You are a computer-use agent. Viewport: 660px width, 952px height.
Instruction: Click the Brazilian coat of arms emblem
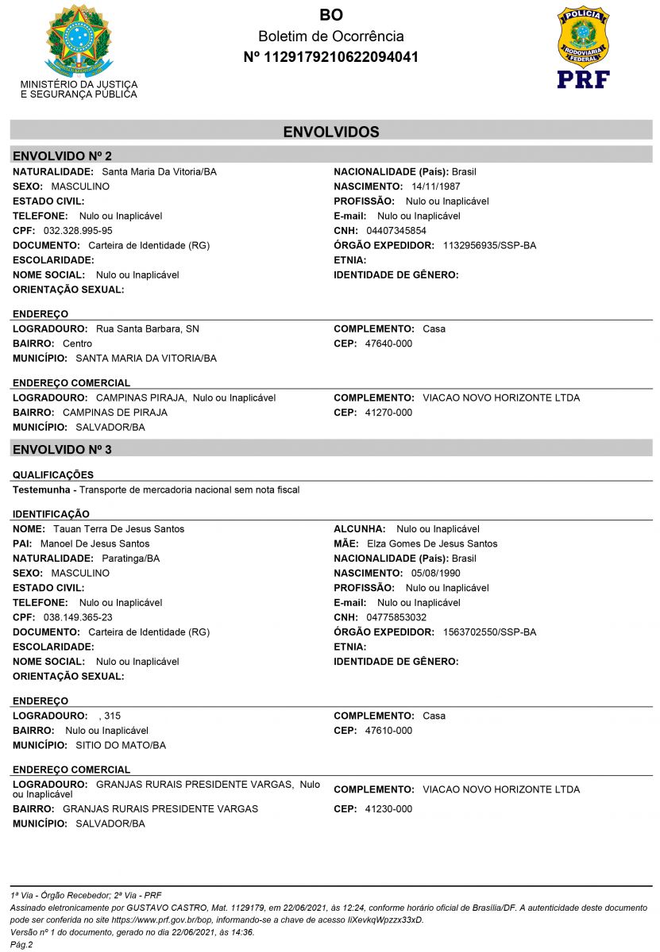coord(79,40)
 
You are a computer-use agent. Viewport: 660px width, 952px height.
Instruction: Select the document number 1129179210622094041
coord(330,57)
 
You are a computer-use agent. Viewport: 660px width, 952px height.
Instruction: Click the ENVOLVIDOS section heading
coord(331,132)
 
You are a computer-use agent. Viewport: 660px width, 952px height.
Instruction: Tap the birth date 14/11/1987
coord(436,186)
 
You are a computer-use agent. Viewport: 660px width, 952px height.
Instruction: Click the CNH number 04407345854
coord(396,231)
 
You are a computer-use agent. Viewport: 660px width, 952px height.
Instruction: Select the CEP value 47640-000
coord(388,344)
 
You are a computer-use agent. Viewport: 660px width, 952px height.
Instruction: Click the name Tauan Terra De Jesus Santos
coord(118,529)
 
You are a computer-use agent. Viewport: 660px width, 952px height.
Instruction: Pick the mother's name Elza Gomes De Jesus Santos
coord(432,543)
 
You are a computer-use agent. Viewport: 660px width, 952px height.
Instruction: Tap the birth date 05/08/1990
coord(436,573)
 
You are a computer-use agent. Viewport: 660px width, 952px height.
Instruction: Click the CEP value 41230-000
coord(388,809)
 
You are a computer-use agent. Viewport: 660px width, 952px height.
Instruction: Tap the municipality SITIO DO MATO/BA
coord(121,746)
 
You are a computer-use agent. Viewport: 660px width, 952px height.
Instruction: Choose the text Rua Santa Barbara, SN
coord(148,328)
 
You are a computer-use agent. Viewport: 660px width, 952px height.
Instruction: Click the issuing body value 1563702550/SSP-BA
coord(489,632)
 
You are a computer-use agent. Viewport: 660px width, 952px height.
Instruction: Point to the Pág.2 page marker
coord(21,944)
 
